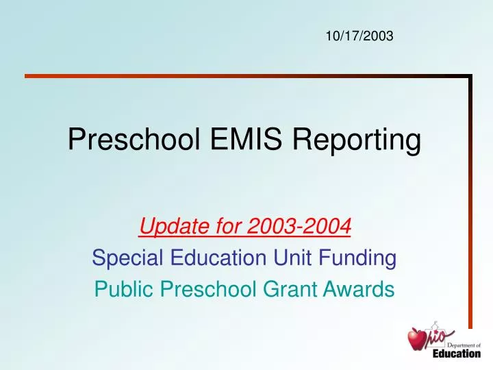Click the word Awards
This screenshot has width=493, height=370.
tap(364, 291)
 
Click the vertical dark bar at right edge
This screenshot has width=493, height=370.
tap(470, 206)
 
